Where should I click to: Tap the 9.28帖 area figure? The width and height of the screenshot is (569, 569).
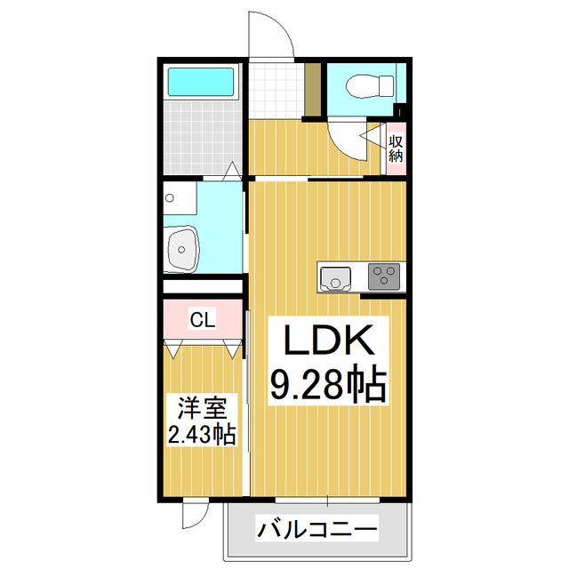click(x=325, y=384)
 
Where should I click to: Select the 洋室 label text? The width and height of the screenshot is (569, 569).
click(x=202, y=410)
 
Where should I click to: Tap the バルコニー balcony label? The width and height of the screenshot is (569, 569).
click(x=317, y=531)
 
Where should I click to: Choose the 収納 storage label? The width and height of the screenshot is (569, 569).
click(x=396, y=147)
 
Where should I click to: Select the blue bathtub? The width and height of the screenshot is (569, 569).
click(x=201, y=82)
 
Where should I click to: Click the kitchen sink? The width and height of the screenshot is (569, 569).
click(x=336, y=279)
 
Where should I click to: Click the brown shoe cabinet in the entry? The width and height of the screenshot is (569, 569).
click(x=312, y=91)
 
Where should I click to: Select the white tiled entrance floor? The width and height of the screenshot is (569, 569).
click(x=276, y=91)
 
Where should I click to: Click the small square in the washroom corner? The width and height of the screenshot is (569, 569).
click(x=171, y=199)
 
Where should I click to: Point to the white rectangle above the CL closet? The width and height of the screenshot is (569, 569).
click(x=202, y=287)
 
